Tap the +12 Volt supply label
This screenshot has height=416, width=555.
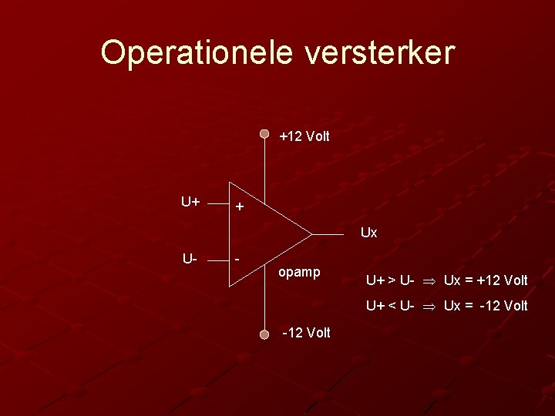[x=304, y=136]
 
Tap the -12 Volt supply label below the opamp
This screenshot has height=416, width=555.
[x=306, y=333]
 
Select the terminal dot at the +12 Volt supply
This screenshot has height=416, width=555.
[x=264, y=133]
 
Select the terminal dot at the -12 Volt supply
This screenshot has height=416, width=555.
[x=264, y=334]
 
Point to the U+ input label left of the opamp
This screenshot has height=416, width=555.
[x=191, y=203]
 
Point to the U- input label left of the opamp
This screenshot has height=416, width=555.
[x=190, y=257]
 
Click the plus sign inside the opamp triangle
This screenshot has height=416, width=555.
[x=240, y=207]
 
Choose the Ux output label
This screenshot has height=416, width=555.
[x=368, y=232]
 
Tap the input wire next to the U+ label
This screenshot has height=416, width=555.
[x=219, y=206]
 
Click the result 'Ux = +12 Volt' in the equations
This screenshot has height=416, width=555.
[x=486, y=280]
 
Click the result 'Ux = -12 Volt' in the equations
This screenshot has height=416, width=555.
[x=486, y=306]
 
